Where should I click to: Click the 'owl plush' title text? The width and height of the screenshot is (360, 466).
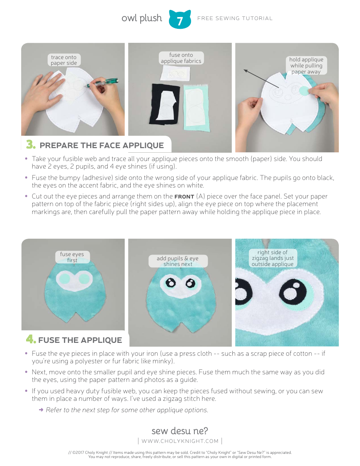(142, 18)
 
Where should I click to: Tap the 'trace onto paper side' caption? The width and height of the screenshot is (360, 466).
(64, 60)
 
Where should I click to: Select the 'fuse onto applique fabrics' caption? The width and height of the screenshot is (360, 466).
(181, 58)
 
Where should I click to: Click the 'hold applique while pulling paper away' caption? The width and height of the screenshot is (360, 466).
(306, 66)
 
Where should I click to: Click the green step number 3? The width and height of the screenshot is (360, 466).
(31, 145)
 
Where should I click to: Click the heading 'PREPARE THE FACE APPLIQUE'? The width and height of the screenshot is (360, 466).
(102, 145)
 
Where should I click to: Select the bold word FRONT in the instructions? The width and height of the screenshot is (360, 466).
(184, 197)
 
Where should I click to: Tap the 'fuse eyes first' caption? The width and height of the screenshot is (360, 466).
(72, 257)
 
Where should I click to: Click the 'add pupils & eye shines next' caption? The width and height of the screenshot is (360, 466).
(178, 261)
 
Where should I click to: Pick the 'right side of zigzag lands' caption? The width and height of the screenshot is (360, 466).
(272, 258)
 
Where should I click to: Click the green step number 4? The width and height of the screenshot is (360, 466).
(31, 339)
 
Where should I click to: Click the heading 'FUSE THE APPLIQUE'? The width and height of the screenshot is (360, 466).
(80, 340)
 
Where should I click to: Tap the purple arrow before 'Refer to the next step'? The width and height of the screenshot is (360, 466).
(41, 410)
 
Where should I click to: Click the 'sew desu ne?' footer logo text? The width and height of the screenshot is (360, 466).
(180, 431)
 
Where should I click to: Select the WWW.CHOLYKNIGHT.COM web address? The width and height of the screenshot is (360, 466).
(180, 441)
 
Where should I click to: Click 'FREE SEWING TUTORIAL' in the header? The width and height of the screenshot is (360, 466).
(235, 18)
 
